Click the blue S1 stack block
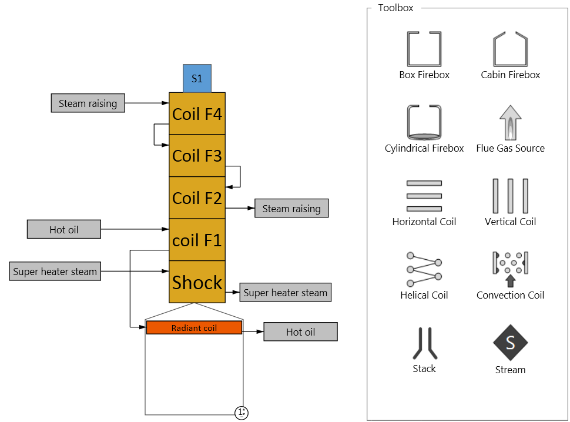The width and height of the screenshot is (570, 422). click(197, 78)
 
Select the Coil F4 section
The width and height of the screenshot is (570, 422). click(197, 113)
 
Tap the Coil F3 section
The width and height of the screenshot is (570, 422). click(197, 156)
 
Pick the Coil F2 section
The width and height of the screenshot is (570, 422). click(197, 198)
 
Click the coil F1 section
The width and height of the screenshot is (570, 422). click(197, 240)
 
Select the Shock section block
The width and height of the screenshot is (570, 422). click(197, 282)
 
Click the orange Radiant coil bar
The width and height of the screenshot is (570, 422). click(194, 328)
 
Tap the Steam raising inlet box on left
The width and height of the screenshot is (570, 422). click(88, 103)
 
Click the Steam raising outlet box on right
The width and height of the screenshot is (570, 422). click(291, 209)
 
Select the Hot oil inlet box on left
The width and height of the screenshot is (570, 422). click(64, 229)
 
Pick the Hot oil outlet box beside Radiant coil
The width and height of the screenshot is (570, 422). click(300, 332)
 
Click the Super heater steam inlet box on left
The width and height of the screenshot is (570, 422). click(55, 272)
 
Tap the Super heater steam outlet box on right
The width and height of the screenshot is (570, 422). click(286, 293)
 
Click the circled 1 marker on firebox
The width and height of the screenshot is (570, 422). click(242, 413)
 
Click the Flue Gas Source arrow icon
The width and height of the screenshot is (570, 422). click(510, 122)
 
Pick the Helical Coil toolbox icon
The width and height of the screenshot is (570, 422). click(424, 269)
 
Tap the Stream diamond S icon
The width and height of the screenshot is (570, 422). click(510, 343)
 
